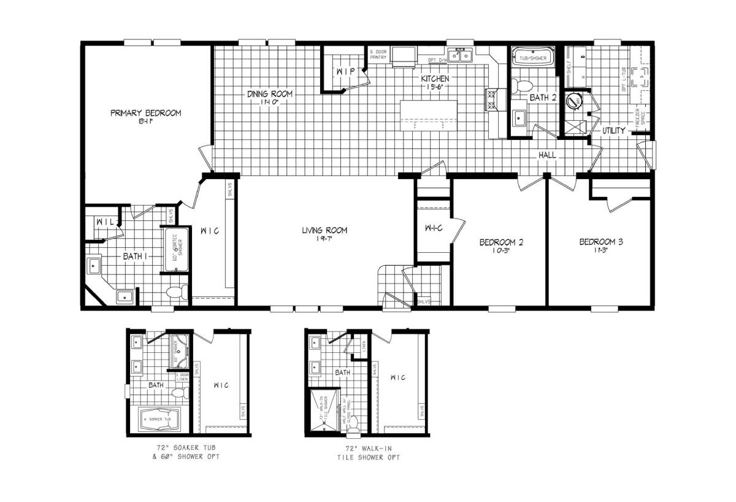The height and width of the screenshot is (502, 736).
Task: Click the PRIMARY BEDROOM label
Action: click(x=145, y=113)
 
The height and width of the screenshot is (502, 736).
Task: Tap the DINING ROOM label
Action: click(x=270, y=94)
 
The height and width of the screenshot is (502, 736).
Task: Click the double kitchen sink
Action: click(x=459, y=56)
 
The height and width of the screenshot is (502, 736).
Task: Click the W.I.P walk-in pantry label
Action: click(x=342, y=72)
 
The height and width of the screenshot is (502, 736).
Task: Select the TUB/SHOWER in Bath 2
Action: click(x=532, y=57)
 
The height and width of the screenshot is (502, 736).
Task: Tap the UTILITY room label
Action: click(x=613, y=131)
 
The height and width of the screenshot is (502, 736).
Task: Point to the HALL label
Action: click(x=547, y=155)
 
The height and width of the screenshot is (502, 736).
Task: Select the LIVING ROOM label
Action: click(x=324, y=231)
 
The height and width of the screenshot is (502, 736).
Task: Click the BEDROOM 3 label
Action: click(x=601, y=242)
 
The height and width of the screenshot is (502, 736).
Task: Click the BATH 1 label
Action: click(x=134, y=256)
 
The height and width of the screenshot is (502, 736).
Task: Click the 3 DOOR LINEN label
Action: click(x=182, y=377)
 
